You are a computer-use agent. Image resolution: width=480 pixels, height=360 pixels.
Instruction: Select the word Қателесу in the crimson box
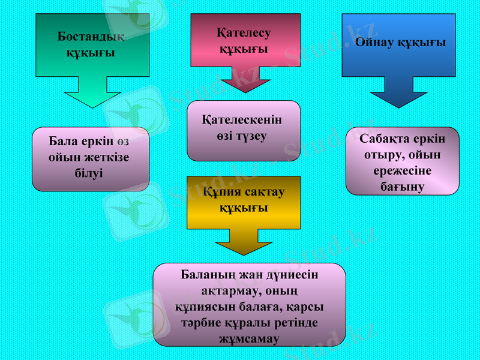(x=244, y=33)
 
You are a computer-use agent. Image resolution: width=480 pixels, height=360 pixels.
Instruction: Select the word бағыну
(x=402, y=187)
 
